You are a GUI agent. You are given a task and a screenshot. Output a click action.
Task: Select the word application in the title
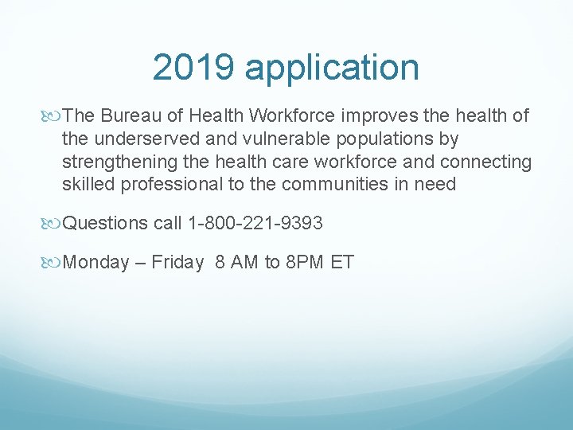click(x=332, y=68)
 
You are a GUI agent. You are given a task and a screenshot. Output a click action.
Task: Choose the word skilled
click(x=88, y=185)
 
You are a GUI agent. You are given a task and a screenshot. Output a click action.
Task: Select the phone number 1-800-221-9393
click(x=255, y=223)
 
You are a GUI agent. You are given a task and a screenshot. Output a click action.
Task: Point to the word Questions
click(x=105, y=224)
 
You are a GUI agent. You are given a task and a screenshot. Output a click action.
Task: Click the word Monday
click(x=95, y=263)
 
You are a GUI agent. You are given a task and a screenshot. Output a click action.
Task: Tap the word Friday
click(x=177, y=263)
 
